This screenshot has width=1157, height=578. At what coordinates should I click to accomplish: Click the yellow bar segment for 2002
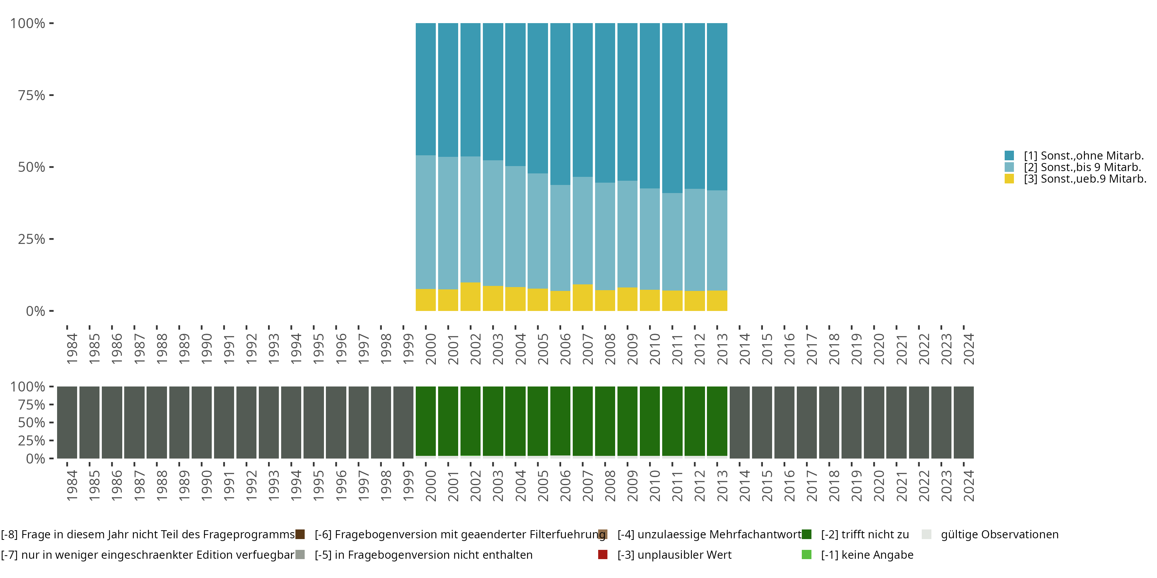(x=470, y=297)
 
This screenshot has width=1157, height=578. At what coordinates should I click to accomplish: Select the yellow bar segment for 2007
(x=582, y=297)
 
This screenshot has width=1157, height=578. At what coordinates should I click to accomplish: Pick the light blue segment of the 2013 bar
(x=717, y=240)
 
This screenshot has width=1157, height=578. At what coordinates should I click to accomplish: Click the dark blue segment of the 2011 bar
(x=672, y=108)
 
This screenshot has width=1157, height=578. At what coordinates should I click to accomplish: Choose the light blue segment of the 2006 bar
(x=560, y=238)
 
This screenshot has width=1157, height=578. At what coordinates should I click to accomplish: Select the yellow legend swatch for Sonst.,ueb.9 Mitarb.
(x=1009, y=179)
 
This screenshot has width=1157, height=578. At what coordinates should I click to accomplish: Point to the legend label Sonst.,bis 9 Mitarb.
(x=1082, y=167)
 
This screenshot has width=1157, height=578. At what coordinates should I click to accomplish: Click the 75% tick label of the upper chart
(x=32, y=95)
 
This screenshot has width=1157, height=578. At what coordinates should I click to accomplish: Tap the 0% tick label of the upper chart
(x=35, y=311)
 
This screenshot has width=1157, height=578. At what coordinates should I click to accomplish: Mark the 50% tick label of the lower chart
(x=32, y=422)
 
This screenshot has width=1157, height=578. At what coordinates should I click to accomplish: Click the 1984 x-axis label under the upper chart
(x=72, y=349)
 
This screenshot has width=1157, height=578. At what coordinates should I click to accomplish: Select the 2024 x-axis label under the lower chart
(x=969, y=486)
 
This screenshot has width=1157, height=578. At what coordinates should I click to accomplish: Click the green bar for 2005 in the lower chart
(x=538, y=421)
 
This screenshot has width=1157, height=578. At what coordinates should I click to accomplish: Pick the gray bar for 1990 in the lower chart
(x=202, y=422)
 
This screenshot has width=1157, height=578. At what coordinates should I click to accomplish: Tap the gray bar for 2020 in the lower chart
(x=874, y=422)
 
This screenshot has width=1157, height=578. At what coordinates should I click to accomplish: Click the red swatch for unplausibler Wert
(x=603, y=554)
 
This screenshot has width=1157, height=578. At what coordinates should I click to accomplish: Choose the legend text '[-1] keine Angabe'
(x=867, y=554)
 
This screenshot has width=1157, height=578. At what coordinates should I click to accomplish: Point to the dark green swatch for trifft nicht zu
(x=807, y=534)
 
